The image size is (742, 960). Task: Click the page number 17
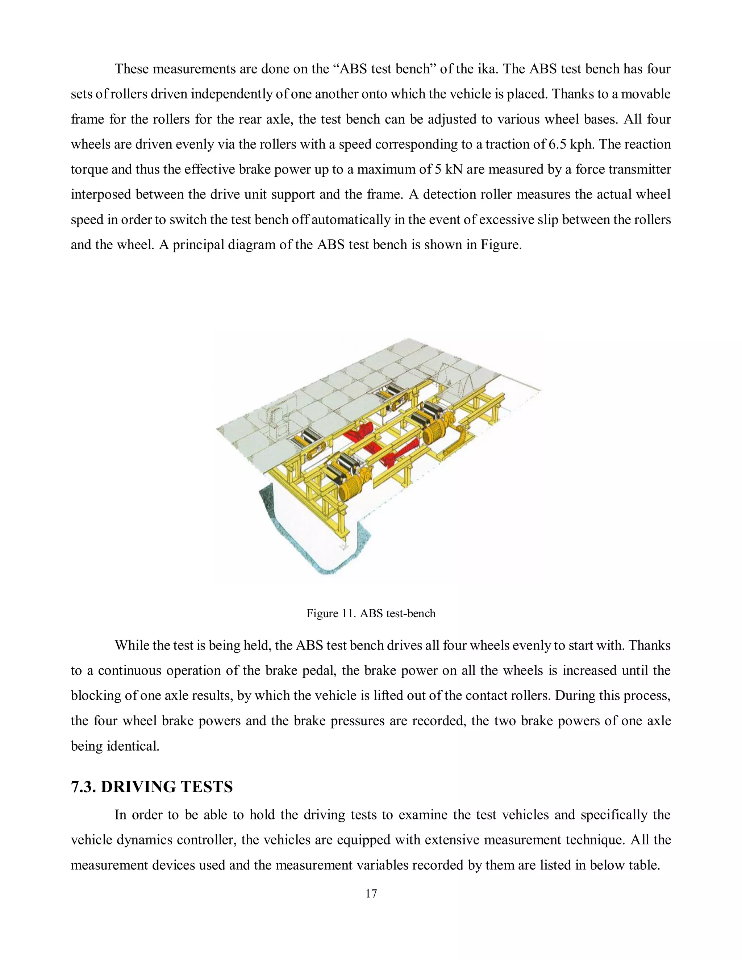pyautogui.click(x=371, y=894)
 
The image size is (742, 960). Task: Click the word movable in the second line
pyautogui.click(x=646, y=94)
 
